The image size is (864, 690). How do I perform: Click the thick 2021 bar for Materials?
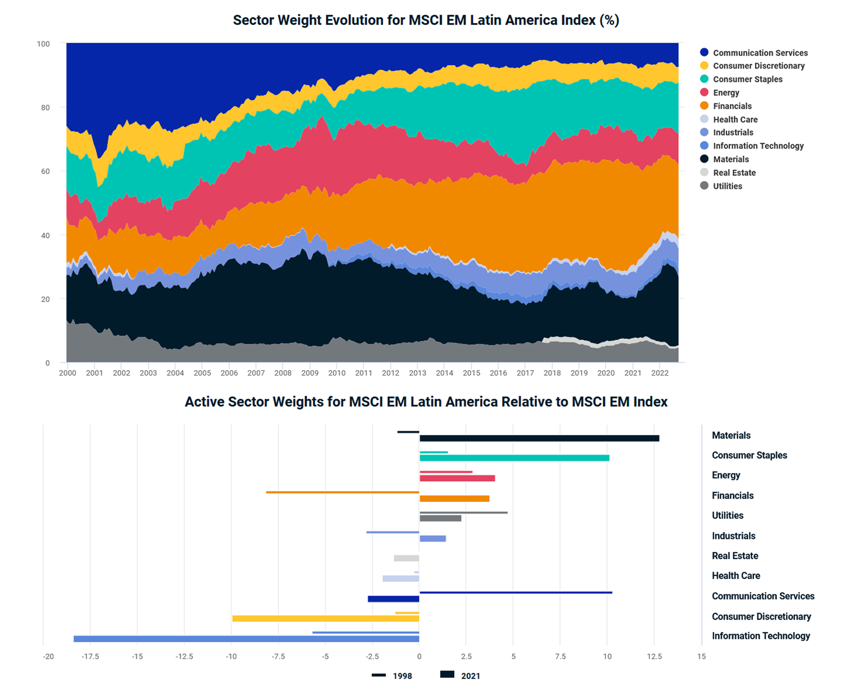pyautogui.click(x=539, y=438)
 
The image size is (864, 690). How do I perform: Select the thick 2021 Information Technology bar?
pyautogui.click(x=246, y=639)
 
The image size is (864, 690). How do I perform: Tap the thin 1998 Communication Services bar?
pyautogui.click(x=516, y=592)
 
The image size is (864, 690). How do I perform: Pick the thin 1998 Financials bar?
pyautogui.click(x=342, y=492)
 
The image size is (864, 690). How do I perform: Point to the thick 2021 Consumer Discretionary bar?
pyautogui.click(x=326, y=618)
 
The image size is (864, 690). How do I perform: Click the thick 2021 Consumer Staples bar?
pyautogui.click(x=514, y=458)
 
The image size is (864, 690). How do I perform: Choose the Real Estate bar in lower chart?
pyautogui.click(x=406, y=558)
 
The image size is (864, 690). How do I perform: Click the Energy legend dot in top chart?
pyautogui.click(x=704, y=92)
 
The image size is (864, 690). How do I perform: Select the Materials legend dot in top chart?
pyautogui.click(x=704, y=159)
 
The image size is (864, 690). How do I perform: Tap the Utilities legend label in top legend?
pyautogui.click(x=727, y=186)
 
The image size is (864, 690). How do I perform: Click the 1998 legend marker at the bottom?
pyautogui.click(x=379, y=675)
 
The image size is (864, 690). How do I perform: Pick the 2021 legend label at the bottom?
pyautogui.click(x=470, y=676)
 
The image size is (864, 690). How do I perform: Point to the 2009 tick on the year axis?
pyautogui.click(x=309, y=373)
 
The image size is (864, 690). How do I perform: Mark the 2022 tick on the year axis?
pyautogui.click(x=659, y=373)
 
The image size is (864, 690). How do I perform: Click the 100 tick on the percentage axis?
pyautogui.click(x=43, y=44)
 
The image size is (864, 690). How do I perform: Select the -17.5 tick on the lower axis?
pyautogui.click(x=90, y=657)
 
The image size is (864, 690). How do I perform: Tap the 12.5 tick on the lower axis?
pyautogui.click(x=654, y=657)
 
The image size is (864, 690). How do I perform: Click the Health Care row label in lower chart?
pyautogui.click(x=735, y=576)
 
